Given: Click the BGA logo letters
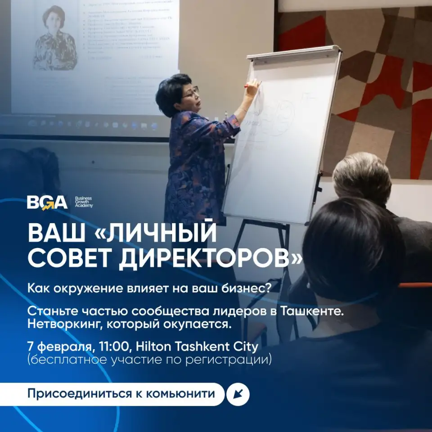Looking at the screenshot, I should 47,202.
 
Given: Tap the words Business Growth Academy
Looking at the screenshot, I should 84,202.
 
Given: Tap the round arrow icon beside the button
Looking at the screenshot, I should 238,395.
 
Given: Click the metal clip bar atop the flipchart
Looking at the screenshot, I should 292,53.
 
